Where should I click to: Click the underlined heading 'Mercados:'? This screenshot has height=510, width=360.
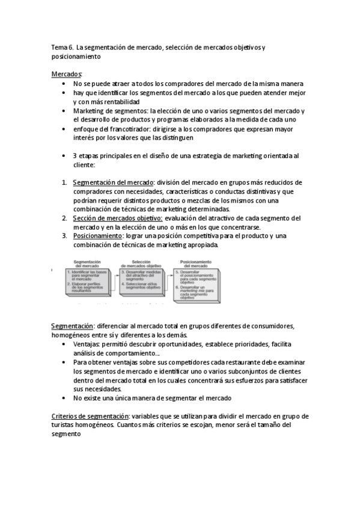coord(67,73)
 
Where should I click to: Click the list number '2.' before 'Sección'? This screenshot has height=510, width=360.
coord(65,218)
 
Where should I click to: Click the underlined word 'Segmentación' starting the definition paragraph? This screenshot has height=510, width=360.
coord(72,325)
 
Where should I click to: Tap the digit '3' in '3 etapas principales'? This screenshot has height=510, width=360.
coord(74,155)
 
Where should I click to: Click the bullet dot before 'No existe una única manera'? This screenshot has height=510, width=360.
coord(64,399)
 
